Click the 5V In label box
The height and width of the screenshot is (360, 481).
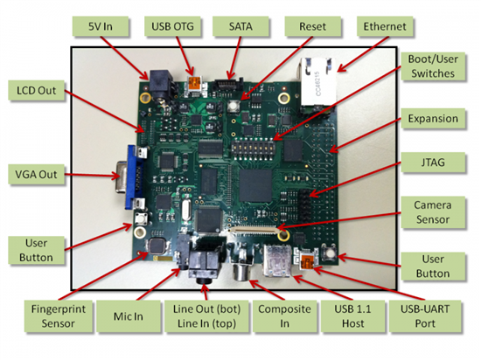click(101, 26)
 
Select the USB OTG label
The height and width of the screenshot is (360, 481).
click(172, 26)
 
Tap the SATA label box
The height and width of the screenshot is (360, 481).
click(240, 26)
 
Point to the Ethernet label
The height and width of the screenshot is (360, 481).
click(385, 26)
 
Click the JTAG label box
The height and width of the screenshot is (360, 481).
click(433, 163)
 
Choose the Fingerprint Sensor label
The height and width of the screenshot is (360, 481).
click(59, 316)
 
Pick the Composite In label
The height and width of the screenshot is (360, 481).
click(284, 316)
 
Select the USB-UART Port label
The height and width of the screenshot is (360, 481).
click(425, 316)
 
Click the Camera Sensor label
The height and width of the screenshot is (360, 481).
click(433, 212)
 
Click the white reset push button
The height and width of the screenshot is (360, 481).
click(234, 106)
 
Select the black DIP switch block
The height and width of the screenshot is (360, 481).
click(253, 149)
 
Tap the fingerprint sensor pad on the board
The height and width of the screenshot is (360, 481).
click(157, 246)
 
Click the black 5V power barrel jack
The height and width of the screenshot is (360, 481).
click(160, 84)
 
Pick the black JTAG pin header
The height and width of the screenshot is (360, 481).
click(305, 204)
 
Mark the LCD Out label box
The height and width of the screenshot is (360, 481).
click(36, 90)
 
